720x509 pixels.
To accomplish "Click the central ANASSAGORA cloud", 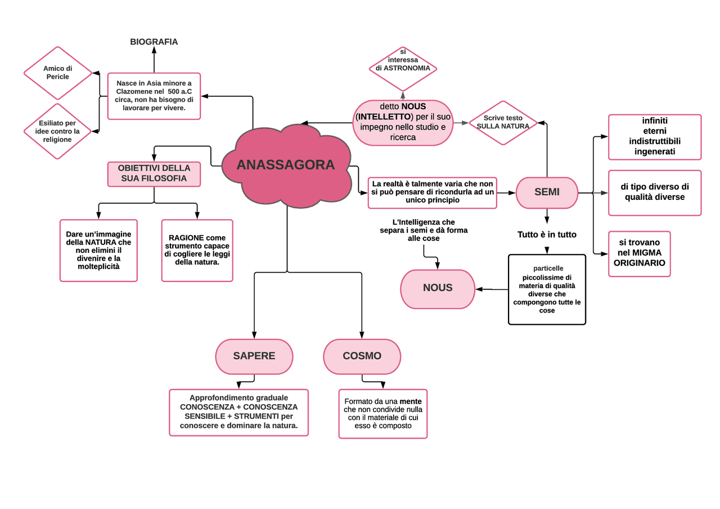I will click(x=286, y=165).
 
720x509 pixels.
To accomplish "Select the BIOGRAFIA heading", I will click(x=154, y=42).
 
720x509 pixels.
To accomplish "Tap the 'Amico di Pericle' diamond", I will click(x=58, y=73).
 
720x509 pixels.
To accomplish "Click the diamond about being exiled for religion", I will click(x=57, y=131).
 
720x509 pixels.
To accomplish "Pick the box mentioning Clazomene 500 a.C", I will click(x=154, y=96).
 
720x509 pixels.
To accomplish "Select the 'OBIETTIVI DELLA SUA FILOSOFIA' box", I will click(x=154, y=173).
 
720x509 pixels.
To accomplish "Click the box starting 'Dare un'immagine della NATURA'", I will click(x=98, y=250).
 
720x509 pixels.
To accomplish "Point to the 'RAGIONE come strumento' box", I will click(x=197, y=250).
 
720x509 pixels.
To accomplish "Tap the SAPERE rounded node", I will click(x=254, y=356).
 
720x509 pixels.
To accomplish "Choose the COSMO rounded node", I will click(x=362, y=356).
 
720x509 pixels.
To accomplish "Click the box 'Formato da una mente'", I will click(x=383, y=414).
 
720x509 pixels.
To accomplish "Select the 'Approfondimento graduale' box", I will click(x=238, y=412).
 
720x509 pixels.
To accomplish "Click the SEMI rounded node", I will click(x=547, y=192).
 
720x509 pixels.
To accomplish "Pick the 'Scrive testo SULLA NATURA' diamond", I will click(x=503, y=123).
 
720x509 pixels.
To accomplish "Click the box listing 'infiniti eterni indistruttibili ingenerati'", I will click(x=655, y=137).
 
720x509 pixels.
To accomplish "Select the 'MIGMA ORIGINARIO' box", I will click(x=639, y=253).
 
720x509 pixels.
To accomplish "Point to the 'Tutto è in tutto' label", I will click(x=547, y=234).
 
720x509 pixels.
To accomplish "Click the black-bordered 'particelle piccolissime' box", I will click(x=547, y=289).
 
